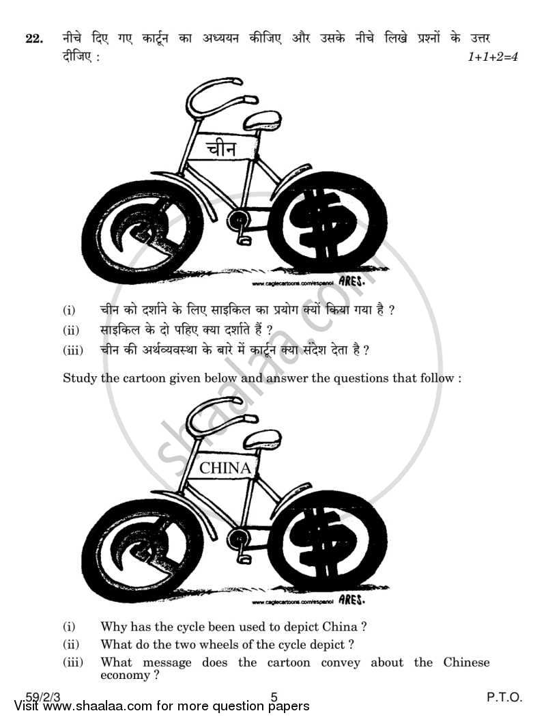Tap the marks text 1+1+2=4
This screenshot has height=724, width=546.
point(492,57)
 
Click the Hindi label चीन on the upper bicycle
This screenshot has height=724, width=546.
point(222,147)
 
